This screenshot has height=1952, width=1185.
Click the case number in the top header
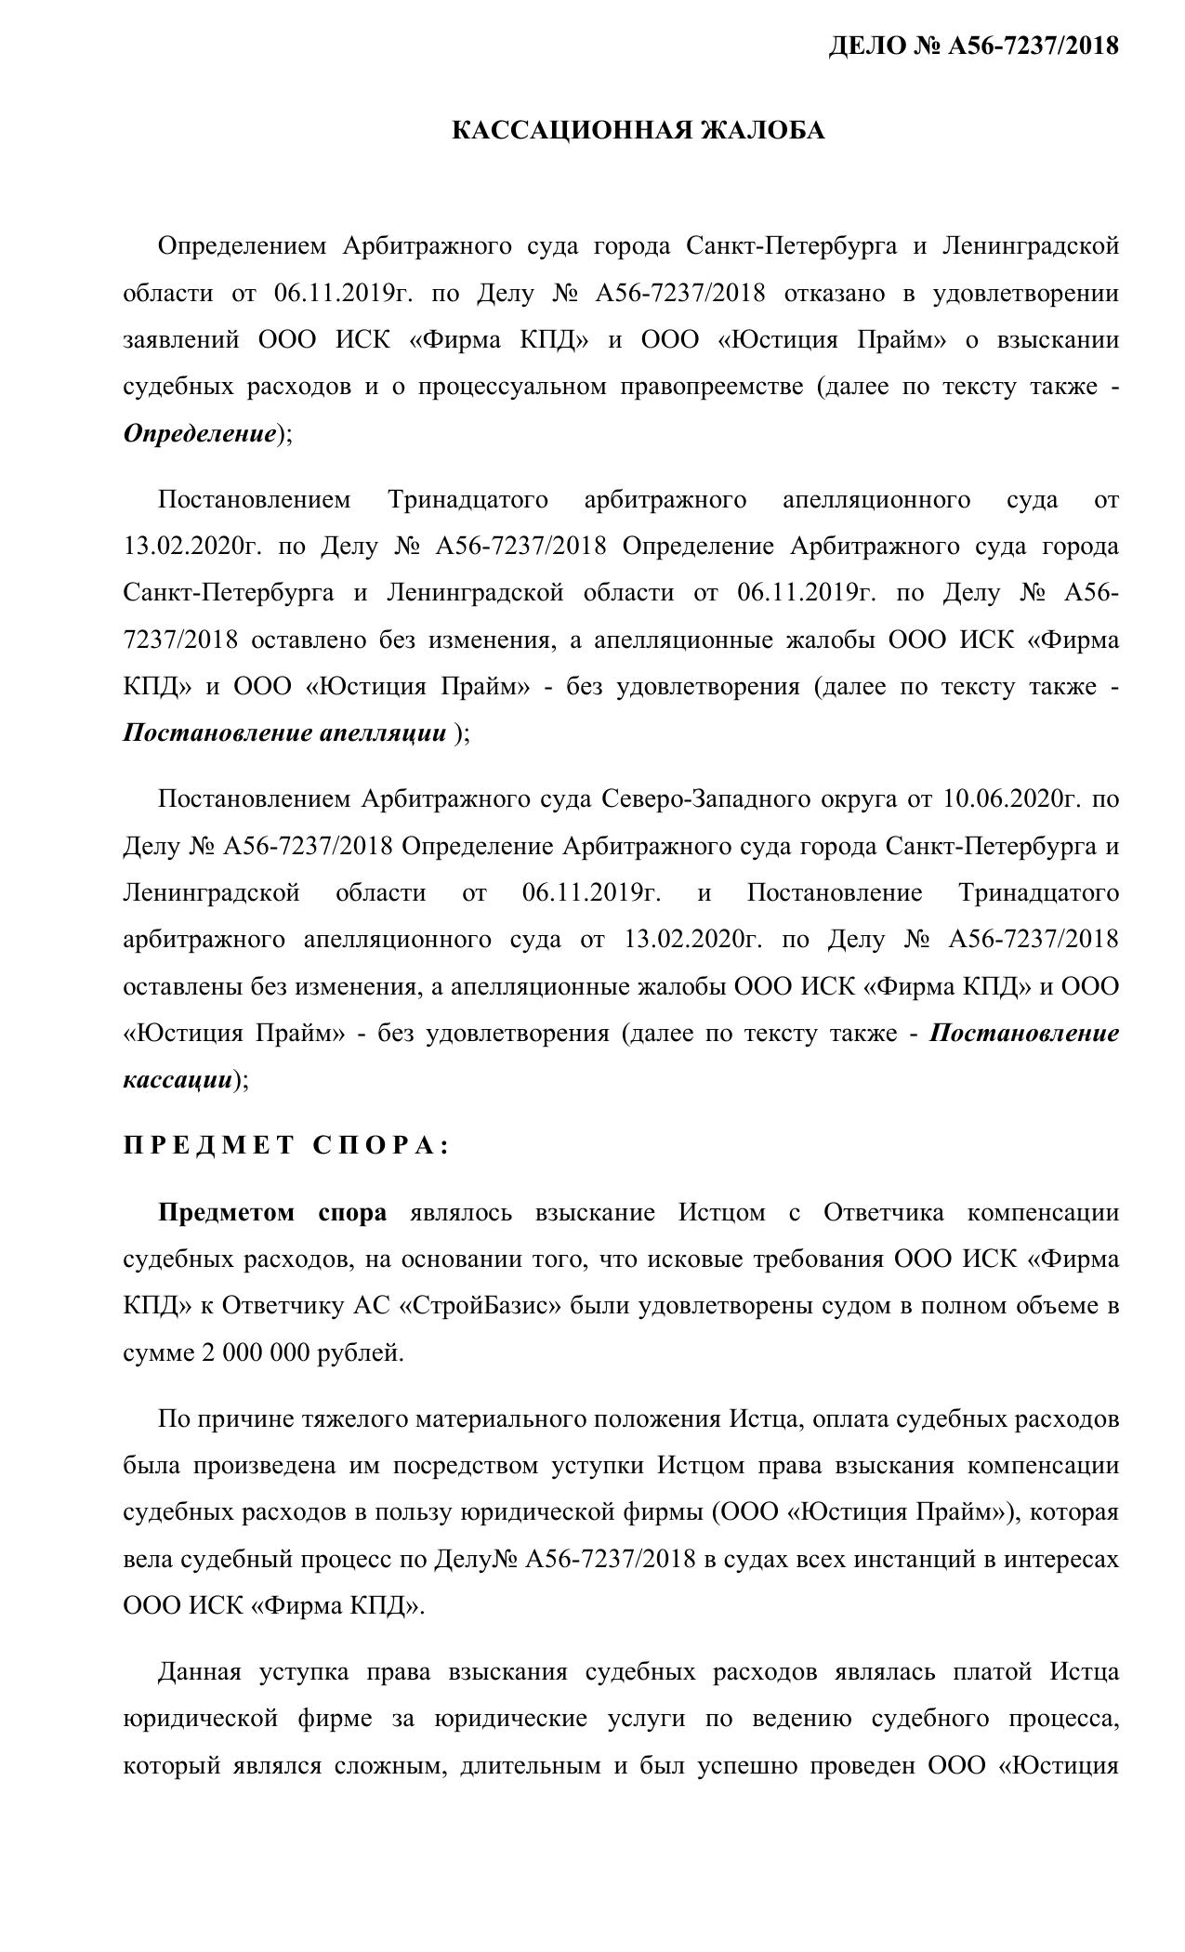click(x=973, y=46)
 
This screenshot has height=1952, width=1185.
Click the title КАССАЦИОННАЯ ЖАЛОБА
click(x=638, y=131)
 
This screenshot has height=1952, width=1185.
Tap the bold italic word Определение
click(x=200, y=433)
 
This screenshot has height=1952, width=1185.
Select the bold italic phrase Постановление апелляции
click(x=284, y=733)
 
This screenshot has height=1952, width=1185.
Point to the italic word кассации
click(x=178, y=1079)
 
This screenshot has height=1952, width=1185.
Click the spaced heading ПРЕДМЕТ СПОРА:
click(x=286, y=1146)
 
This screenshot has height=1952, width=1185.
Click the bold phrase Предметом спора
click(x=272, y=1213)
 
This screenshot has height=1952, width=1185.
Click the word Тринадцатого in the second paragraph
click(x=467, y=500)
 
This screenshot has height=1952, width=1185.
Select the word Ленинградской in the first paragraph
click(x=1031, y=246)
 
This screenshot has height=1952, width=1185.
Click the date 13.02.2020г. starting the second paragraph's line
click(x=191, y=547)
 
